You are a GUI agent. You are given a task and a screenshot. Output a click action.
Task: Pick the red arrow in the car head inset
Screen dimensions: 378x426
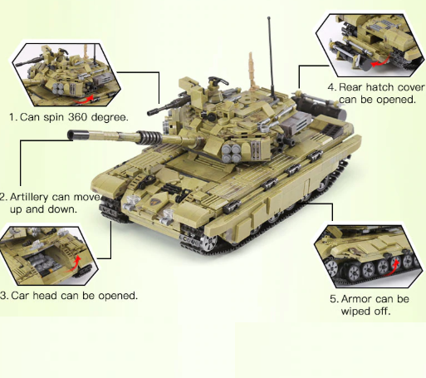pos(77,263)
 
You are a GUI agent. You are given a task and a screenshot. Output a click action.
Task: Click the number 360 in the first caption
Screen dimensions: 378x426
pos(87,117)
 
